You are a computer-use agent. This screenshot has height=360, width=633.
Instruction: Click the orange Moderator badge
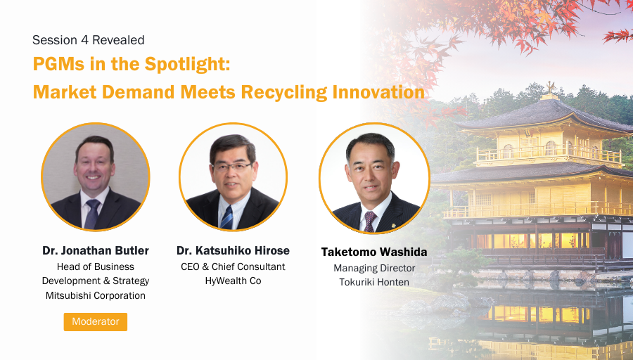pyautogui.click(x=95, y=321)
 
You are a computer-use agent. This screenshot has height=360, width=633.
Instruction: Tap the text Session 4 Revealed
pyautogui.click(x=89, y=40)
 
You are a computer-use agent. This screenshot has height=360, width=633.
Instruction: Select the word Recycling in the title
pyautogui.click(x=284, y=92)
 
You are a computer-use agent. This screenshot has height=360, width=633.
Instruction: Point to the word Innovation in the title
pyautogui.click(x=378, y=92)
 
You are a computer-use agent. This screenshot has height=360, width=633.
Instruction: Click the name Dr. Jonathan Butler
pyautogui.click(x=96, y=250)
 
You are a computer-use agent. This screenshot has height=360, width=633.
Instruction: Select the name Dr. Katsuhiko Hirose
pyautogui.click(x=233, y=250)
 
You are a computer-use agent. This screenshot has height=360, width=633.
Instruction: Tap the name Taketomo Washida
pyautogui.click(x=374, y=252)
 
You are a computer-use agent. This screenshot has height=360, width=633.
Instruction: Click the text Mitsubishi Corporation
pyautogui.click(x=95, y=295)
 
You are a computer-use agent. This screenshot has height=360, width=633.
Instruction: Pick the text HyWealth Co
pyautogui.click(x=233, y=281)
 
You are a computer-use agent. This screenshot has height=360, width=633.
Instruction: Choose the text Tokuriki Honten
pyautogui.click(x=374, y=282)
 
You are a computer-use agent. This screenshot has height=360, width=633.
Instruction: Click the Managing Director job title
pyautogui.click(x=374, y=269)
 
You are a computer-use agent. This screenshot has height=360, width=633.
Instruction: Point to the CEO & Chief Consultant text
pyautogui.click(x=233, y=266)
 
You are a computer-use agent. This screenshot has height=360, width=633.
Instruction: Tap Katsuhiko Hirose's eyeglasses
pyautogui.click(x=233, y=167)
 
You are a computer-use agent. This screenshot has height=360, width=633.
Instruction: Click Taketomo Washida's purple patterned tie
pyautogui.click(x=370, y=221)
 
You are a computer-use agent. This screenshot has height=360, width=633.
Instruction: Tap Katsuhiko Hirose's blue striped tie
pyautogui.click(x=226, y=217)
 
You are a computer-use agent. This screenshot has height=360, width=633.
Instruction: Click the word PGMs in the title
pyautogui.click(x=58, y=64)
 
